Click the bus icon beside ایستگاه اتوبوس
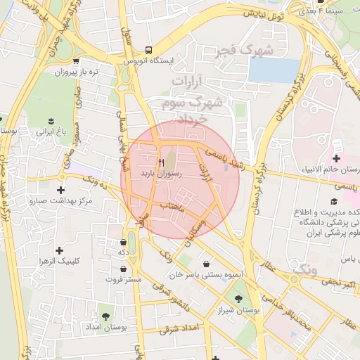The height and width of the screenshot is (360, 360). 148,49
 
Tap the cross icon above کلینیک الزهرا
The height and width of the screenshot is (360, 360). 60,249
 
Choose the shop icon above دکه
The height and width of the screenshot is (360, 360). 124,243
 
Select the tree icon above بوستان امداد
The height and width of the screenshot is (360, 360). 106,316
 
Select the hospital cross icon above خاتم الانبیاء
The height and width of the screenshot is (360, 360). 336,158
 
